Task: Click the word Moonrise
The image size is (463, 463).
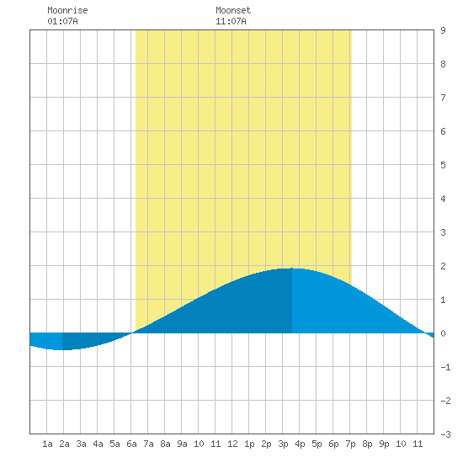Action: [67, 10]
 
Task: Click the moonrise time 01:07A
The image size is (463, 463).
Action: [62, 21]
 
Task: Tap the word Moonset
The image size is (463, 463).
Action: [233, 10]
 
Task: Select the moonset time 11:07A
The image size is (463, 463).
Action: [231, 21]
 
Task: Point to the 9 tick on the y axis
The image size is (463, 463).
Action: [443, 30]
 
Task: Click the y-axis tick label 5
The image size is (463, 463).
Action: [443, 165]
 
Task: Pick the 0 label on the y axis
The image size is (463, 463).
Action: [443, 333]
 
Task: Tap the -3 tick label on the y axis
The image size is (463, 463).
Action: [445, 434]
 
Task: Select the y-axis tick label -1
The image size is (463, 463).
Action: [445, 367]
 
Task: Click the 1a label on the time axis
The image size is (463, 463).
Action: [47, 444]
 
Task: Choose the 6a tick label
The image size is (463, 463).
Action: [131, 444]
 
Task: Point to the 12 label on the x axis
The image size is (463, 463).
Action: [232, 444]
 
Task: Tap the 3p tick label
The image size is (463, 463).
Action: [283, 444]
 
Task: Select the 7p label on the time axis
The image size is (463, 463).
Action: [350, 444]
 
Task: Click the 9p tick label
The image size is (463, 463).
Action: [384, 444]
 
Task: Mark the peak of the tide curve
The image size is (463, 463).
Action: [292, 268]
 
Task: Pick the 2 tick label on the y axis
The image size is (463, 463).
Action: [443, 266]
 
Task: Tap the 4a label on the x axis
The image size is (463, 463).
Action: [98, 444]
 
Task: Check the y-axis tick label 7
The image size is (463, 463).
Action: [443, 98]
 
